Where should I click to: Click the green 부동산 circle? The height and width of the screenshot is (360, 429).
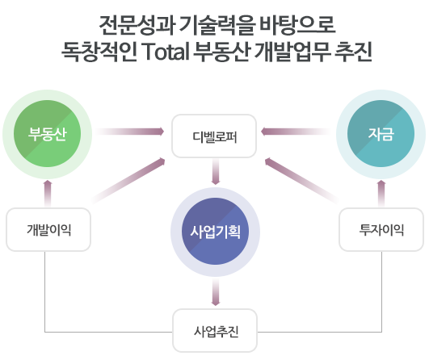pos(48,134)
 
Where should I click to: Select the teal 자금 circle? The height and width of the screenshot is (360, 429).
pos(381,134)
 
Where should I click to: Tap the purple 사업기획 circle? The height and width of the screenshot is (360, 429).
pos(216,232)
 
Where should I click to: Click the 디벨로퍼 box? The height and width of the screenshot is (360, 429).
pos(214,136)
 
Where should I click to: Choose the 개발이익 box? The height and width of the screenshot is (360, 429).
pos(48,229)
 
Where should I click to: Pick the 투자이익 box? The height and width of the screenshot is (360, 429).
pos(381,229)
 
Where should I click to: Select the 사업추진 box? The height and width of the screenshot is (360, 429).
pos(215,331)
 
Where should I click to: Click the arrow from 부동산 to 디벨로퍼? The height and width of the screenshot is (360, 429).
pos(129,132)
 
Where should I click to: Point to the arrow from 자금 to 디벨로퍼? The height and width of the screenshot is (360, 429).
pos(296,132)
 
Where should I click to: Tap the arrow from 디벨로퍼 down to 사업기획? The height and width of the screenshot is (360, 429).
pos(216,172)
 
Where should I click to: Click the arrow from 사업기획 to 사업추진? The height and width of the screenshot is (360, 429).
pos(216,292)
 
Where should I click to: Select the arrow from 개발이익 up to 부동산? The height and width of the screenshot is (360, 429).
pos(48,193)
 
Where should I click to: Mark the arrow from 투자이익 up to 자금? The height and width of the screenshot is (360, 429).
pos(381,193)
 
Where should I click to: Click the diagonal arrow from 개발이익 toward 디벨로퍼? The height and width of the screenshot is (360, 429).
pos(128,181)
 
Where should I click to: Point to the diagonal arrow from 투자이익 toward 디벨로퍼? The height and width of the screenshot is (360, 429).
pos(302,181)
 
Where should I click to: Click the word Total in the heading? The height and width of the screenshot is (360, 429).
pos(166,52)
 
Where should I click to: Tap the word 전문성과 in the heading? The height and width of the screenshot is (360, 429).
pos(137,25)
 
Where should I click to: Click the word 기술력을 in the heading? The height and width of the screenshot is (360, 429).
pos(217,25)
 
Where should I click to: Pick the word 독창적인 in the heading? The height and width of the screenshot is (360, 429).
pos(99,52)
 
